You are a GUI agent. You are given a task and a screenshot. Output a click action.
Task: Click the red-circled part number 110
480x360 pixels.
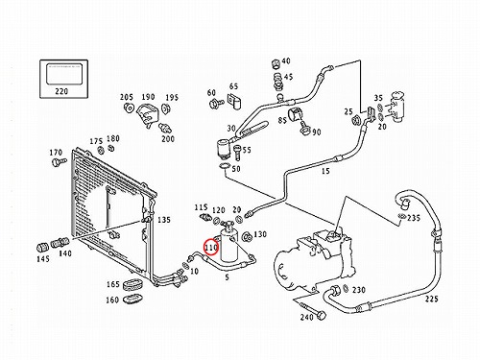click(211, 248)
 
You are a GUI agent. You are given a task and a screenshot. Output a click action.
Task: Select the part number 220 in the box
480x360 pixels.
click(61, 91)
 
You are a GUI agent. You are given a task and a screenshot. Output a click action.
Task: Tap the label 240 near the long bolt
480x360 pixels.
click(307, 317)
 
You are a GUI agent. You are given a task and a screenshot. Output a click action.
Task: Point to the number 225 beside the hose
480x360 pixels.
click(432, 299)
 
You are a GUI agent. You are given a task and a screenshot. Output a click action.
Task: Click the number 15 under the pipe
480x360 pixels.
click(325, 171)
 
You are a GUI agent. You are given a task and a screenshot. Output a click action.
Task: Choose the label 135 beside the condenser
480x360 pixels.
click(164, 220)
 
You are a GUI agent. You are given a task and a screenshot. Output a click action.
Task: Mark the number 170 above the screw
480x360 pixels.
click(56, 153)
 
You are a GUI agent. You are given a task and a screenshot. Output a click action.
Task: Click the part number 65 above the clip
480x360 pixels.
click(233, 86)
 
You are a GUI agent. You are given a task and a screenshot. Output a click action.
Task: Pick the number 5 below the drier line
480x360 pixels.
click(227, 277)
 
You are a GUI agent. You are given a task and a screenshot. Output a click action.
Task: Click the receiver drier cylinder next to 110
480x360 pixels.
click(228, 244)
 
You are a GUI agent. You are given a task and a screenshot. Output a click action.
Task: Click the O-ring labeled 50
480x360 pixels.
click(225, 166)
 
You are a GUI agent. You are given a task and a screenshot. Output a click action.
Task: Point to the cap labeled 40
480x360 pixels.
click(276, 63)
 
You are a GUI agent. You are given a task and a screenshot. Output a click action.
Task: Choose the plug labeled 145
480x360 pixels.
click(42, 248)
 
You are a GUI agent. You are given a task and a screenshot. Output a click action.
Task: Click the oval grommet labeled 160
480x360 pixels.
click(132, 300)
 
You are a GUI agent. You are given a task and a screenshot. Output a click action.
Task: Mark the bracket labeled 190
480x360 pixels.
click(148, 114)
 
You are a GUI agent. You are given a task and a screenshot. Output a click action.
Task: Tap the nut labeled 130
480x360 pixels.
click(247, 237)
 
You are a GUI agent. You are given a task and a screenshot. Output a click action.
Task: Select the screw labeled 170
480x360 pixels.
click(59, 161)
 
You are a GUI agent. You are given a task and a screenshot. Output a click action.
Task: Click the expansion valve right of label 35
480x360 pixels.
click(397, 107)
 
